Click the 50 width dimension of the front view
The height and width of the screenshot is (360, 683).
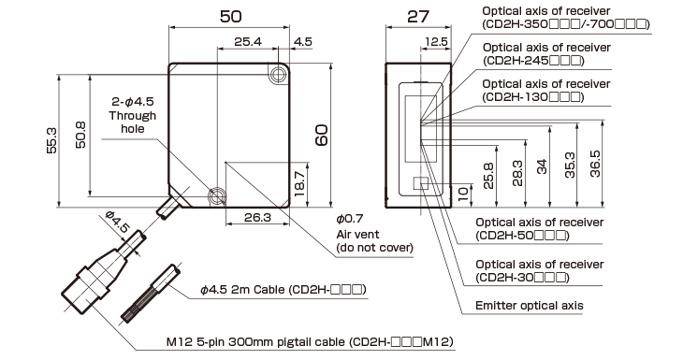pyautogui.click(x=228, y=16)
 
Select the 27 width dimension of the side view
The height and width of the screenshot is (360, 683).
pyautogui.click(x=417, y=16)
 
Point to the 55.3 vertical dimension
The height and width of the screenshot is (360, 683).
pyautogui.click(x=52, y=138)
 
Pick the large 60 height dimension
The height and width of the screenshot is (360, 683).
pyautogui.click(x=321, y=135)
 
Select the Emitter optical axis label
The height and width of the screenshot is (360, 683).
pyautogui.click(x=529, y=306)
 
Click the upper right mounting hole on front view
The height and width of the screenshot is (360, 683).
pyautogui.click(x=278, y=72)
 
